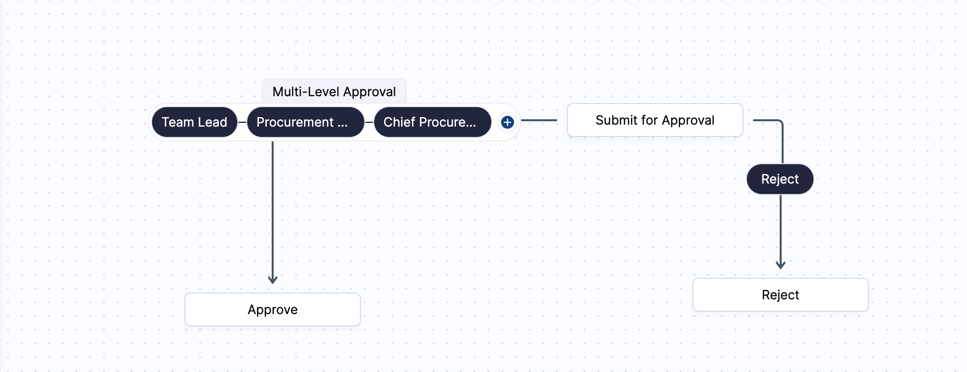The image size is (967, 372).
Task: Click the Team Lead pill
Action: (x=194, y=122)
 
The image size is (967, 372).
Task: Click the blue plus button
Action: (x=508, y=122)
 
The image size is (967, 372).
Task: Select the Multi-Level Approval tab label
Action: (x=334, y=92)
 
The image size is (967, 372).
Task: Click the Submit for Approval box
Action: (x=655, y=120)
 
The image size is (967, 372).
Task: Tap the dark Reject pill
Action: (x=780, y=179)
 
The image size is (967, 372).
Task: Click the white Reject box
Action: (x=780, y=295)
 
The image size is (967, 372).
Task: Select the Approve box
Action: (x=273, y=310)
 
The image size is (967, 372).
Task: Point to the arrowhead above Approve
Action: (x=273, y=280)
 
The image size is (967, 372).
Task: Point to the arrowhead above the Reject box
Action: (x=781, y=265)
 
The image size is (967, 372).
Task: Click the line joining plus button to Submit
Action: (x=539, y=120)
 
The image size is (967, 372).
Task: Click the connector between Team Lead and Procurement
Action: (x=242, y=122)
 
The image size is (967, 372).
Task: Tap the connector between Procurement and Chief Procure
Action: (x=369, y=122)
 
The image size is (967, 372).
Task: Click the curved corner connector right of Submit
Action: (x=780, y=123)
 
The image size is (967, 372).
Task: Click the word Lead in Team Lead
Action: (x=212, y=122)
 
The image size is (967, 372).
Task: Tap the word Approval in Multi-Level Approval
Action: (x=369, y=92)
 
